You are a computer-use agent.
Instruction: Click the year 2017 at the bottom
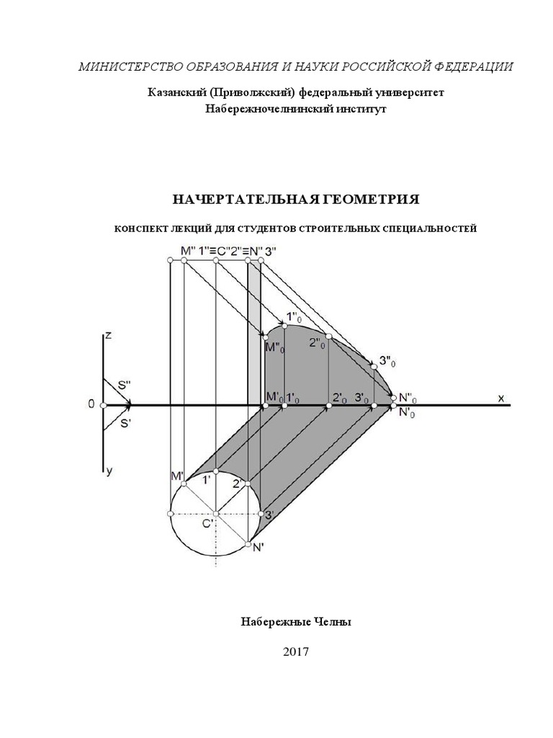[295, 652]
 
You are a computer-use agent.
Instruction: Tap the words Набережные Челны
[295, 621]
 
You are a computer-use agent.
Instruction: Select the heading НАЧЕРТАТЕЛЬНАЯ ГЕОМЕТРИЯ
[295, 199]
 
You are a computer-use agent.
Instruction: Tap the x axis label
[500, 397]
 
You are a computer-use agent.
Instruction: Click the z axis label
[107, 335]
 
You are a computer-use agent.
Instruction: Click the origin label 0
[91, 405]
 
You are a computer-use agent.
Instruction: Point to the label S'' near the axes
[124, 386]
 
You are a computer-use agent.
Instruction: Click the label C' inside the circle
[207, 525]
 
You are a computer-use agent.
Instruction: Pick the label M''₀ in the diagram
[274, 348]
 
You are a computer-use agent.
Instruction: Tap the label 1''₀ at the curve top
[294, 316]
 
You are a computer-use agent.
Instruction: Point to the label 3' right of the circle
[269, 515]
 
